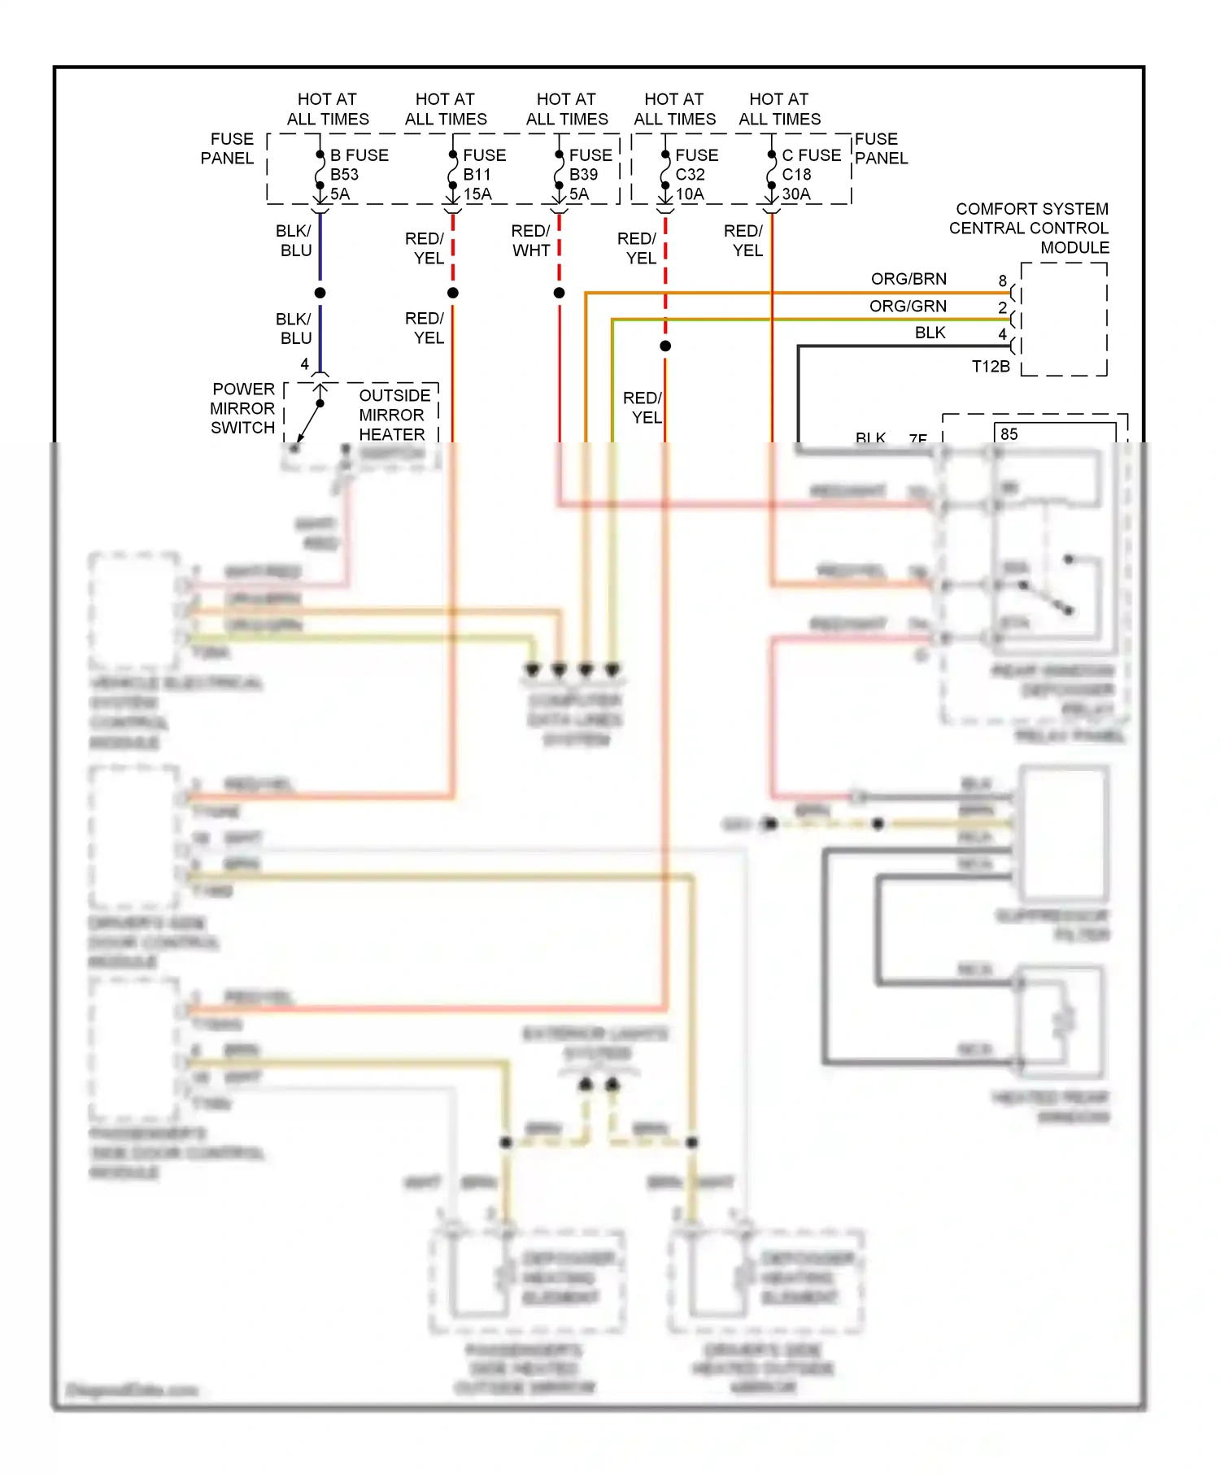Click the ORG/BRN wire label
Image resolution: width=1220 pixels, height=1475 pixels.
(x=908, y=279)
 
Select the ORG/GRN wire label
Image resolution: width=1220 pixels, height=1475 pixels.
(x=908, y=306)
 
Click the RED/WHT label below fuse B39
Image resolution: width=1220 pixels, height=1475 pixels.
(x=530, y=241)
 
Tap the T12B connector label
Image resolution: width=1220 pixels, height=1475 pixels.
(x=991, y=367)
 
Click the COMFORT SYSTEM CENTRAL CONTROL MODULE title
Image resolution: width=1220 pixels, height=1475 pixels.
(x=1029, y=228)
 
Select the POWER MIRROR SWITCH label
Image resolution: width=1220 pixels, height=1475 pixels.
(x=242, y=408)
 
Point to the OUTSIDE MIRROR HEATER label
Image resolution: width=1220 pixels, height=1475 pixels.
(x=394, y=415)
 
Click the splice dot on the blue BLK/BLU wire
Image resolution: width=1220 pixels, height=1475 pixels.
(x=320, y=293)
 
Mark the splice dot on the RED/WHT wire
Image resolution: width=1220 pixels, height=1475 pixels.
(x=560, y=293)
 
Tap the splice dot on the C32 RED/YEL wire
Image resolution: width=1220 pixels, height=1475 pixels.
(x=665, y=346)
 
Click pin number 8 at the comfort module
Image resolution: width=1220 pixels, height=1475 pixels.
(x=1003, y=281)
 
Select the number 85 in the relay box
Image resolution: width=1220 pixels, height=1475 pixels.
(x=1009, y=434)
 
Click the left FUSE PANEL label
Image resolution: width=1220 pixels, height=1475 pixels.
(x=228, y=149)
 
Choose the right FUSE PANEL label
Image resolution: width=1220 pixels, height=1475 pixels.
(x=881, y=149)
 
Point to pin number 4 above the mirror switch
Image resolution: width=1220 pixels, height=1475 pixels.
(x=305, y=364)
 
